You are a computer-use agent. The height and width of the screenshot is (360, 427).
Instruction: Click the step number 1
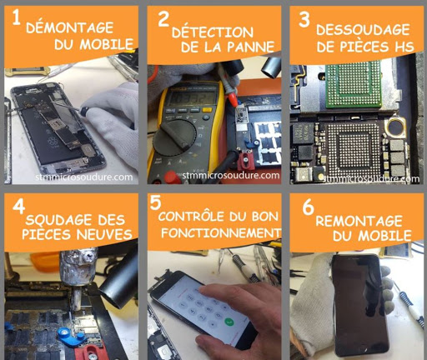coord(17,18)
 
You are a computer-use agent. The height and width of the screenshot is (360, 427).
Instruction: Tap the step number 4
coord(19,206)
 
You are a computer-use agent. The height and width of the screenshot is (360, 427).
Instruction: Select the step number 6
coord(308,207)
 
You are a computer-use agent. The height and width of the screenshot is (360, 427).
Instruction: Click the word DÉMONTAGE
coord(69,27)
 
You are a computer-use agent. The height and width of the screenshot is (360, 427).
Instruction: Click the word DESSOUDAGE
coord(363,30)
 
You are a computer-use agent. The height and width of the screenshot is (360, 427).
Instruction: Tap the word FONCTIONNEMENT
coord(221,232)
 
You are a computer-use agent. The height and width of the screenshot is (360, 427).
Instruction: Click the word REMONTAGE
coord(359,221)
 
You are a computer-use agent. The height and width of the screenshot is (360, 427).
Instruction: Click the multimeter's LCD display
coord(193,97)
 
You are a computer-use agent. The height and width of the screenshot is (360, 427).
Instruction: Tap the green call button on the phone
coord(229,322)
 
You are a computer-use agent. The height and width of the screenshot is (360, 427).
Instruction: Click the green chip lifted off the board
coord(354,83)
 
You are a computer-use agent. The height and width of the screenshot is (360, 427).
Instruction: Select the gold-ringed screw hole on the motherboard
coord(396,127)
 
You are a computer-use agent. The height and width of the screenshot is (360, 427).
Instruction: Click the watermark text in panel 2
coord(230,175)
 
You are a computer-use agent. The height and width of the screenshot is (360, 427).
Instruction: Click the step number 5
coord(155,202)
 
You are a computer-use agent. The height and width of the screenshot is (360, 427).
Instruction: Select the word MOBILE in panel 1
coord(107,44)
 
